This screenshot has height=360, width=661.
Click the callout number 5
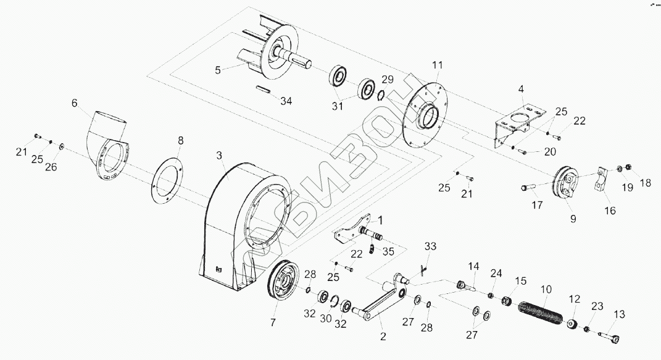[x=217, y=70]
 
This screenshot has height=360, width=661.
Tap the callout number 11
[x=437, y=65]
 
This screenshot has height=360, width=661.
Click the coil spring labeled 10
[x=541, y=313]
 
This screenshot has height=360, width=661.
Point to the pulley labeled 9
[x=566, y=183]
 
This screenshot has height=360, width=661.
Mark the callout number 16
[x=610, y=211]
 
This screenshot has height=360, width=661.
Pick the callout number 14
[x=473, y=266]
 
